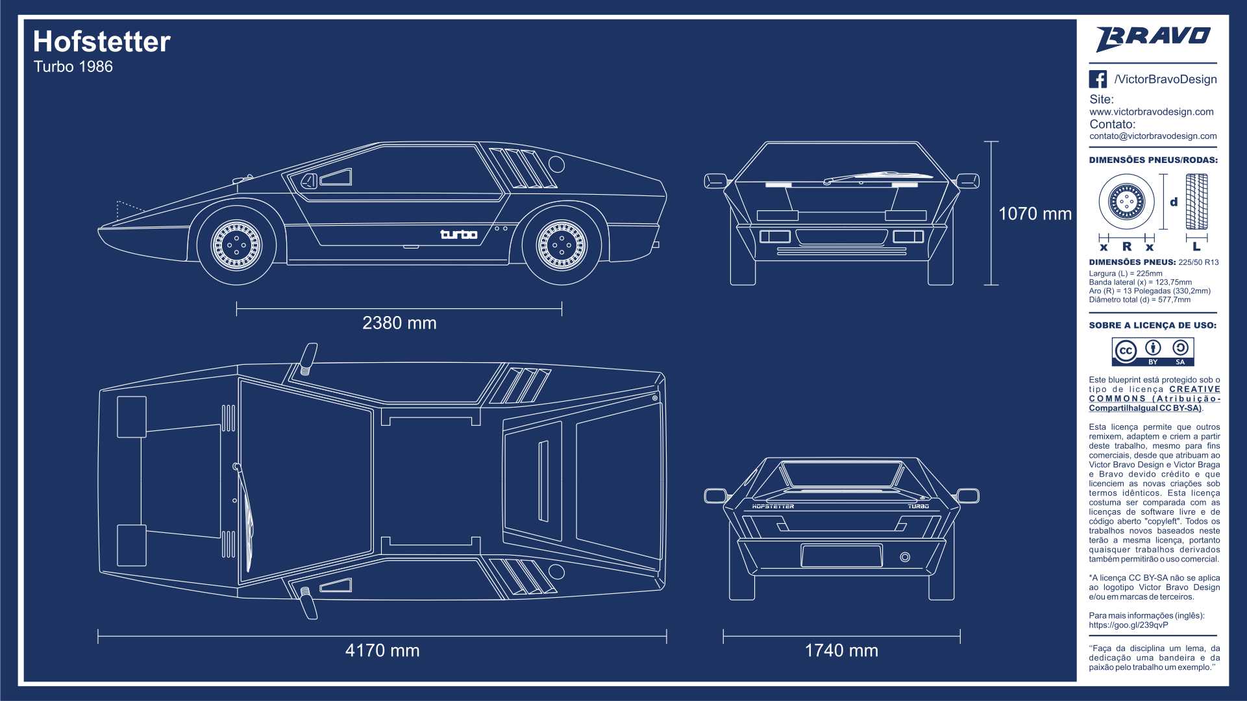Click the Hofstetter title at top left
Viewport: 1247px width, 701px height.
point(102,42)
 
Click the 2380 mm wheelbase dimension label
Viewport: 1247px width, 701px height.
point(399,323)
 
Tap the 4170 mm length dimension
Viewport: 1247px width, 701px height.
point(382,650)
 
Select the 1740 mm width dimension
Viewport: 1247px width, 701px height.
point(841,650)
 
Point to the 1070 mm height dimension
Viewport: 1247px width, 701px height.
point(1035,214)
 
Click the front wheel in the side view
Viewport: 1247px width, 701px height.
point(236,245)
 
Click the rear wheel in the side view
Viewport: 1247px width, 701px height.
point(562,245)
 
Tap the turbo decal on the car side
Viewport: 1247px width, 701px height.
point(459,234)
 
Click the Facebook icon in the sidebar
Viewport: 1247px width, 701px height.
point(1098,79)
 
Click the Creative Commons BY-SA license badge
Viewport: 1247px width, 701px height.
point(1153,351)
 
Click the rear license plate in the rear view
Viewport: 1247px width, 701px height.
point(841,556)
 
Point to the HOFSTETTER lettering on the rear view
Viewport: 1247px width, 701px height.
point(772,506)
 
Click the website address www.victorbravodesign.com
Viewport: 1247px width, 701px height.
point(1152,112)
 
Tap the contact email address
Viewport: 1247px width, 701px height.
point(1153,136)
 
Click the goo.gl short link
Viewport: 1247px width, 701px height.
point(1128,625)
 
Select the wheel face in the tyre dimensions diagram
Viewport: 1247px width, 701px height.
point(1126,202)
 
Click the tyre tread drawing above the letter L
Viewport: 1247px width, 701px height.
point(1196,202)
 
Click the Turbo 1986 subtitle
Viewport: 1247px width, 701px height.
point(73,67)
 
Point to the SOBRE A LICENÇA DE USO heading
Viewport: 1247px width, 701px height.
point(1153,325)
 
